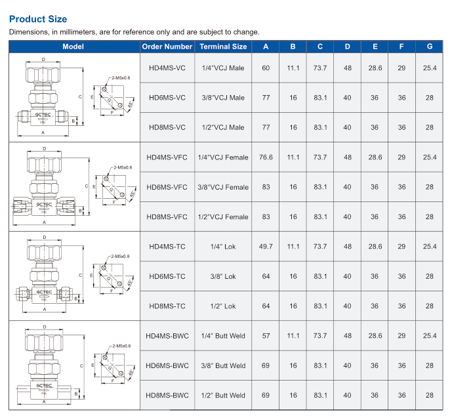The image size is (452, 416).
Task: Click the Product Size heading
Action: [x=38, y=19]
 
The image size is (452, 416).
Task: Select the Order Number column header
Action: [x=167, y=47]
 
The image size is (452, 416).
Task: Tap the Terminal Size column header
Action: [x=223, y=47]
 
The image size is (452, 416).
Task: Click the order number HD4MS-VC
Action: [x=167, y=68]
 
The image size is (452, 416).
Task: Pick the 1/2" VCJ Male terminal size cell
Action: [x=223, y=127]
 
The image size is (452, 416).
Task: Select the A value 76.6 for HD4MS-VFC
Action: [x=266, y=157]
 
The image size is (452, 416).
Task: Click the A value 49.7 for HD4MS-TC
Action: [x=266, y=247]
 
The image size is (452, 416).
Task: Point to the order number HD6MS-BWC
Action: [x=167, y=365]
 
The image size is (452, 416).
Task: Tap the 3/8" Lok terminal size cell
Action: [x=223, y=276]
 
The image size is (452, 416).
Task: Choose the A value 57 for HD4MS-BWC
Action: [x=266, y=336]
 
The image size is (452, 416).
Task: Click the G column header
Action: [x=430, y=47]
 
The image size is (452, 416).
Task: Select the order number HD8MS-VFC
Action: [x=167, y=217]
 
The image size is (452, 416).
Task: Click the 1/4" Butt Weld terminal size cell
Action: [x=223, y=336]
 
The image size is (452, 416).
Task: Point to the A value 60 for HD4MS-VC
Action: [x=266, y=68]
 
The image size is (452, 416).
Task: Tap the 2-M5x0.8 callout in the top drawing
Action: [x=121, y=78]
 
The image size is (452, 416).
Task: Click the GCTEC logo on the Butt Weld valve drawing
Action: [x=44, y=385]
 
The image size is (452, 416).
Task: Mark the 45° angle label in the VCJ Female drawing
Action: [x=133, y=194]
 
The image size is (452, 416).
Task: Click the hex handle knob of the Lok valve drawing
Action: [x=44, y=252]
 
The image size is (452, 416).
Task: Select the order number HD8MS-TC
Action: [x=167, y=306]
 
